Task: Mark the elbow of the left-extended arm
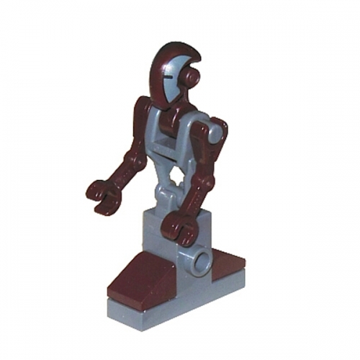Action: pos(134,154)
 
